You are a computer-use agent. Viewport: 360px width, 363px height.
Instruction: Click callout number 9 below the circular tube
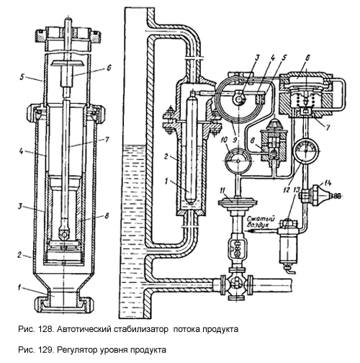pyautogui.click(x=235, y=140)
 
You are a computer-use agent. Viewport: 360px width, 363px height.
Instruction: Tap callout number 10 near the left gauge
pyautogui.click(x=225, y=140)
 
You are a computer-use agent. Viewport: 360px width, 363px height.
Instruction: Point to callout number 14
pyautogui.click(x=328, y=183)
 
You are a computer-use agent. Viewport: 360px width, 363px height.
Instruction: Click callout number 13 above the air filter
pyautogui.click(x=296, y=190)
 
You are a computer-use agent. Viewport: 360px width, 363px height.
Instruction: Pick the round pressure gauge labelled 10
pyautogui.click(x=238, y=161)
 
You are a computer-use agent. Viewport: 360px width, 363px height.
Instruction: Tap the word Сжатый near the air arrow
pyautogui.click(x=261, y=219)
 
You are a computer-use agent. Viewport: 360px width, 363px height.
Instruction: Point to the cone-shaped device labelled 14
pyautogui.click(x=321, y=196)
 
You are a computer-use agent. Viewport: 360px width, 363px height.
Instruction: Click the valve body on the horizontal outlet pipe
pyautogui.click(x=237, y=284)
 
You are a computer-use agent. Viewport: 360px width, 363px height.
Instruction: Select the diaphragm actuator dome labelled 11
pyautogui.click(x=238, y=201)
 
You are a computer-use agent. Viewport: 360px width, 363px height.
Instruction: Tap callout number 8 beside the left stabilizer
pyautogui.click(x=107, y=215)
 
